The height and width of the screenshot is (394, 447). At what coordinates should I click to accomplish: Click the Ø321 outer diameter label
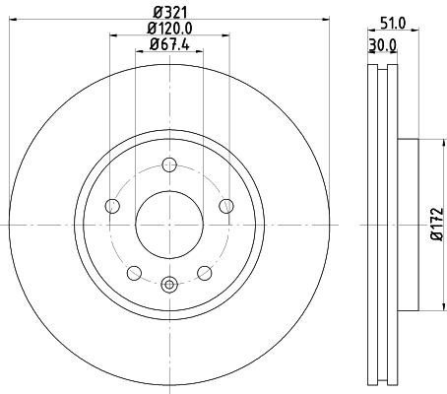(x=168, y=13)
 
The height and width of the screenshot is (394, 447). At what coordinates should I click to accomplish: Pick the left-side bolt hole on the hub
(x=111, y=206)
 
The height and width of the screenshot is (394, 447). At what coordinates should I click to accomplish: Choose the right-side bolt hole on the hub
(x=225, y=206)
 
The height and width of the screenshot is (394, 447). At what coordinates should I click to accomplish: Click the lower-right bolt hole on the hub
(x=204, y=273)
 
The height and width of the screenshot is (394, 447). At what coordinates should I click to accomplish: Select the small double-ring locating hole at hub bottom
(x=168, y=286)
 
